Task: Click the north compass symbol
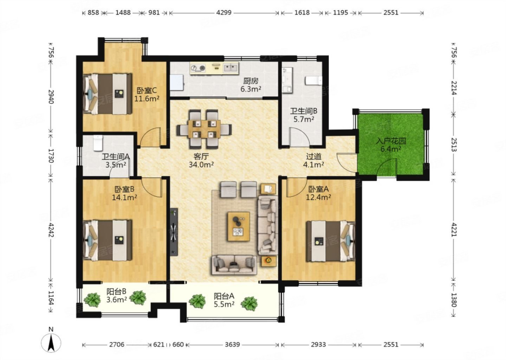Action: click(51, 341)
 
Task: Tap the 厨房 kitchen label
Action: click(251, 81)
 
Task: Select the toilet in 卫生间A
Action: click(98, 143)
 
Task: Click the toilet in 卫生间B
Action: click(313, 81)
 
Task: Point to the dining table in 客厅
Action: click(204, 129)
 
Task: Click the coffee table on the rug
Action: click(239, 226)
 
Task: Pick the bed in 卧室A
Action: click(330, 242)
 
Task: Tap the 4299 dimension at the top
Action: click(223, 12)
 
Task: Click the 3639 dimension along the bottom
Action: click(232, 345)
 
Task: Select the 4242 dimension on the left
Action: click(51, 230)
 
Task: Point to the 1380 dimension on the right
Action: click(454, 300)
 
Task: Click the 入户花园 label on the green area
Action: click(391, 141)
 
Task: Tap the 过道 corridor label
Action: click(313, 156)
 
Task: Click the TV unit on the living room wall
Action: click(174, 232)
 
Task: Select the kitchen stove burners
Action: click(198, 67)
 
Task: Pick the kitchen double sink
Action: click(231, 67)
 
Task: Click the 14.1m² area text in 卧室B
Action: click(124, 198)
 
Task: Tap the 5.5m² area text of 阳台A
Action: click(224, 304)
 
